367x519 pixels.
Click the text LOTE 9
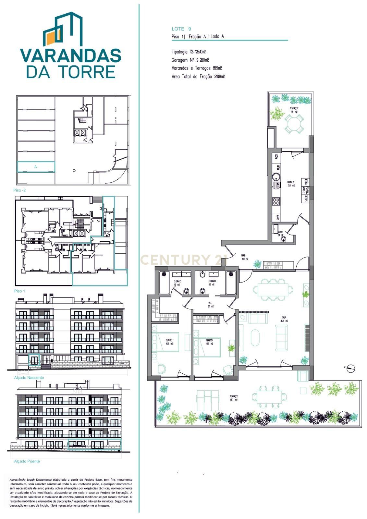coord(181,29)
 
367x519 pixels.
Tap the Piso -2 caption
coord(19,190)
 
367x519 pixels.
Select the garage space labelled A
coord(36,167)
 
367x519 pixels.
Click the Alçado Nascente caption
coord(29,378)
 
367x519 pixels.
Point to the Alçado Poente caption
coord(27,461)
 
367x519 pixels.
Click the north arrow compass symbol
coord(350,368)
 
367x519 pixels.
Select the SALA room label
coord(284,319)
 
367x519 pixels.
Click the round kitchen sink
coord(276,177)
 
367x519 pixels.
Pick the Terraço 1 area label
coord(234,398)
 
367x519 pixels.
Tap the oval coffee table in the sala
coord(256,338)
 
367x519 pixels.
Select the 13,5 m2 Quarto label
coord(209,342)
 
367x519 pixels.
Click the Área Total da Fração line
coord(198,77)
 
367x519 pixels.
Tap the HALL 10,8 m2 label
coord(245,257)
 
